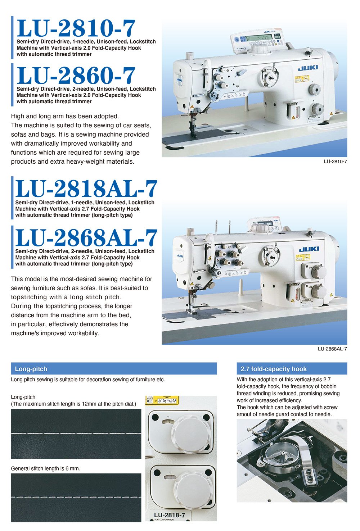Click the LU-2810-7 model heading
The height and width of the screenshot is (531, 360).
click(x=76, y=28)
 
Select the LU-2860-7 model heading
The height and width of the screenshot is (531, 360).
click(x=76, y=76)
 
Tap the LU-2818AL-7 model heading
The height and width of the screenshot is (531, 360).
click(x=86, y=189)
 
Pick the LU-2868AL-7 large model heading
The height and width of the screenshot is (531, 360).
click(x=86, y=238)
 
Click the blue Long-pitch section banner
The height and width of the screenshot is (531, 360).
click(x=114, y=369)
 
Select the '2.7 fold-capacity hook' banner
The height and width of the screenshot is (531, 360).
click(x=292, y=369)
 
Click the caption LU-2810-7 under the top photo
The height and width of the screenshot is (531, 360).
click(x=335, y=162)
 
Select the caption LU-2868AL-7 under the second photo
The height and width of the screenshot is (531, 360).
click(x=332, y=349)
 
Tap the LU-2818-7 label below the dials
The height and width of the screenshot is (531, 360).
click(x=169, y=515)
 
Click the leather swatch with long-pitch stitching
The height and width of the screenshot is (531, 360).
click(x=76, y=434)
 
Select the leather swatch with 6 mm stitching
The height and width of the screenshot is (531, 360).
click(x=76, y=497)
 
